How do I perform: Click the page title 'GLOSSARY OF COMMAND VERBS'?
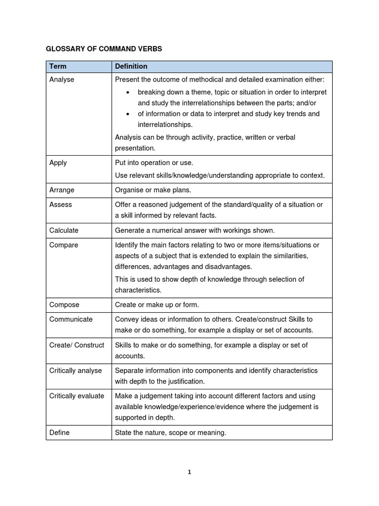(104, 49)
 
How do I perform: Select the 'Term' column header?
(58, 66)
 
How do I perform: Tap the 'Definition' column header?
(131, 66)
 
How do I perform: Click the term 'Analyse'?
(62, 79)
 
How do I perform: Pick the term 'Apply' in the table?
(58, 163)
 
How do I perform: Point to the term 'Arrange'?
(62, 190)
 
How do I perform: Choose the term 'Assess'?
(60, 205)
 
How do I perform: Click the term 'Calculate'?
(64, 230)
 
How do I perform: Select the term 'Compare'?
(64, 245)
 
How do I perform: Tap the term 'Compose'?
(64, 305)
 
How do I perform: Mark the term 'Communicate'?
(71, 319)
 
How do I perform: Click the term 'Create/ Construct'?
(76, 345)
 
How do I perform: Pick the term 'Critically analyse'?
(76, 371)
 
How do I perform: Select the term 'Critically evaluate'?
(76, 396)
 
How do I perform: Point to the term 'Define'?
(59, 432)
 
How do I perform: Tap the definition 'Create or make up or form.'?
(156, 305)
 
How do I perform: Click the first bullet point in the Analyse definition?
(232, 97)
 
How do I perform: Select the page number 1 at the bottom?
(189, 472)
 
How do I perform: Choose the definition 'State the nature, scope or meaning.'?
(170, 432)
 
